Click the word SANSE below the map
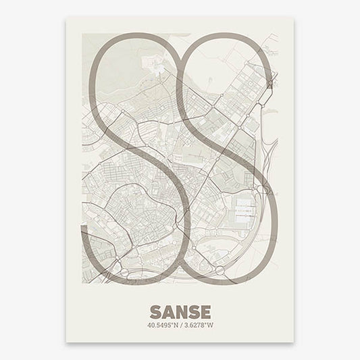(x=179, y=294)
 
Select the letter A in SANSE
(x=166, y=294)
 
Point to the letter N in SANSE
(x=180, y=294)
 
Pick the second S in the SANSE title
(x=192, y=294)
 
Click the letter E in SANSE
(x=205, y=294)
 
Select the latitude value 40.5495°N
(x=161, y=308)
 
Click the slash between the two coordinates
(x=180, y=308)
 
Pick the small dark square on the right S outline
(x=270, y=84)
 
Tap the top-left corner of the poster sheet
(x=66, y=18)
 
